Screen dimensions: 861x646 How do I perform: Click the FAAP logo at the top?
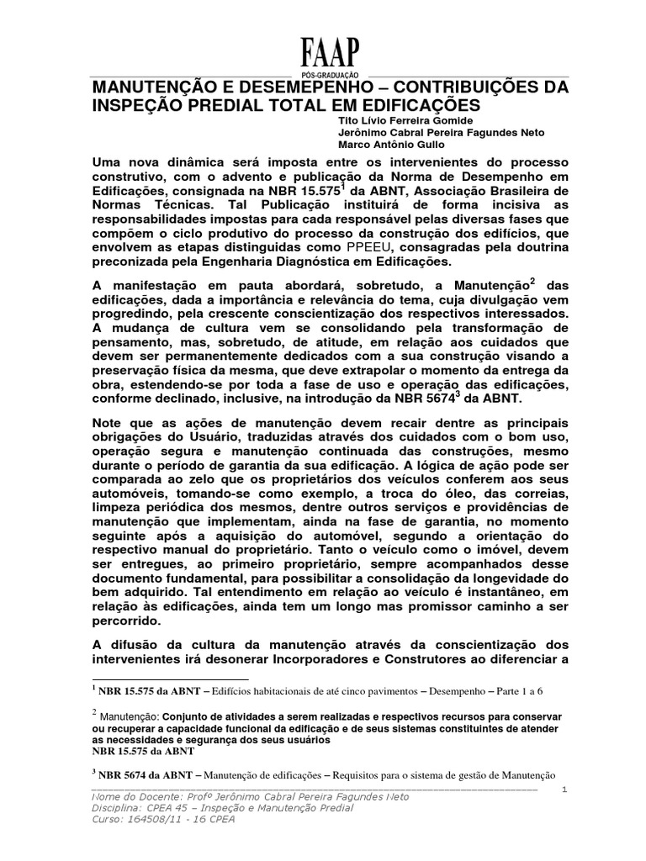[330, 54]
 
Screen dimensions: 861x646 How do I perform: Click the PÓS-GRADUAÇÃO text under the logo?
[330, 75]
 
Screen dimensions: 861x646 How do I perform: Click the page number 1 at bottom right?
[565, 790]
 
